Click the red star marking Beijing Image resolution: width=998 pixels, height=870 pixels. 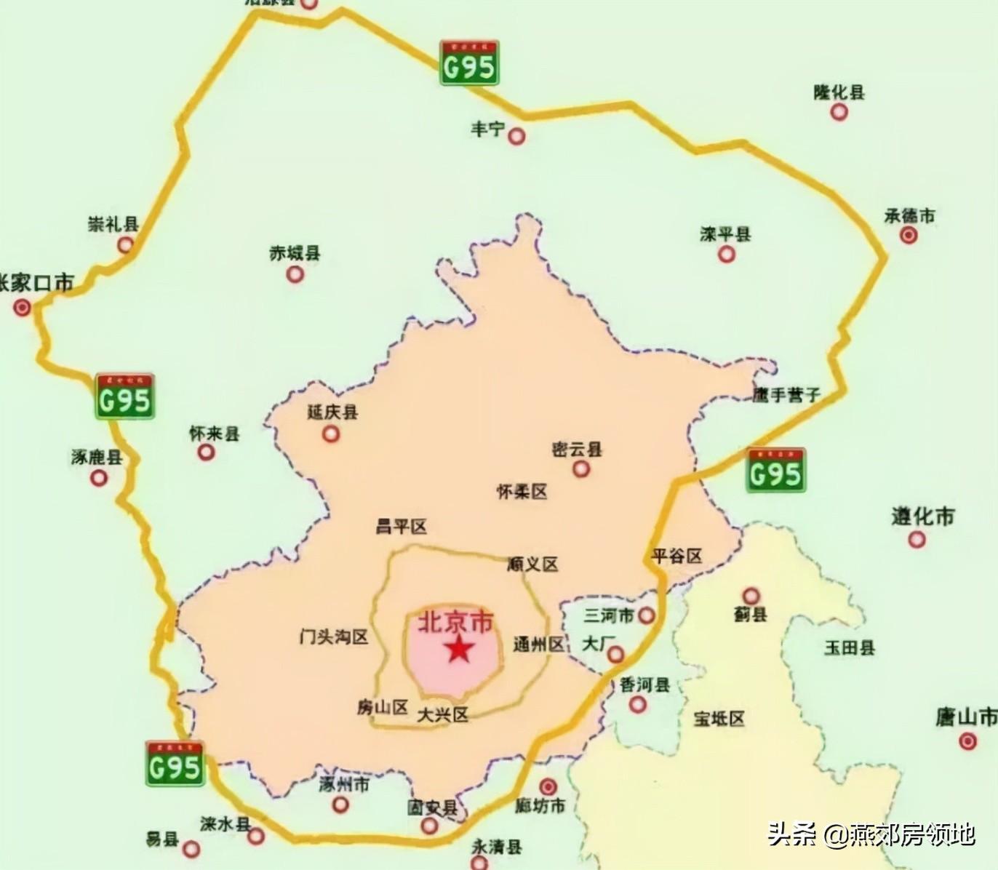point(458,649)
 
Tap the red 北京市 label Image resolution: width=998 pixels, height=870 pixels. point(455,622)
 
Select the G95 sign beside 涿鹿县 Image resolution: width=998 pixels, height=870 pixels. point(124,396)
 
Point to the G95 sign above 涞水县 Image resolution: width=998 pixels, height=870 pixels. point(175,763)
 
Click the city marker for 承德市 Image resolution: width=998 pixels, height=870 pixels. point(909,235)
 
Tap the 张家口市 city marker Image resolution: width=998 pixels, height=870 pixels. point(23,308)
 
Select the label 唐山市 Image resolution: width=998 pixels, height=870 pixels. point(966,717)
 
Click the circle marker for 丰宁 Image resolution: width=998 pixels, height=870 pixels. point(516,136)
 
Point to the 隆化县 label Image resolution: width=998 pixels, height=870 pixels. point(839,92)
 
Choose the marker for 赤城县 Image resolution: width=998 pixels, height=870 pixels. point(295,274)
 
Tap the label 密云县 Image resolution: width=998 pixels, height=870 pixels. point(577,450)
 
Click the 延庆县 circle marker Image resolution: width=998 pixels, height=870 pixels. point(331,434)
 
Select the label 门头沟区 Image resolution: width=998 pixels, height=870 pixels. point(334,637)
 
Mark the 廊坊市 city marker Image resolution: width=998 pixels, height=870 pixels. point(548,787)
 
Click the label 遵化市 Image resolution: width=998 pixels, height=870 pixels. point(922,517)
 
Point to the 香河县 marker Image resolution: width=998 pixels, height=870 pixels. point(638,704)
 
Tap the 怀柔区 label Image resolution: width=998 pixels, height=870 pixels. point(522,492)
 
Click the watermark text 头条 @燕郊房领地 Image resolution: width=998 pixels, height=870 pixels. point(871,834)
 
